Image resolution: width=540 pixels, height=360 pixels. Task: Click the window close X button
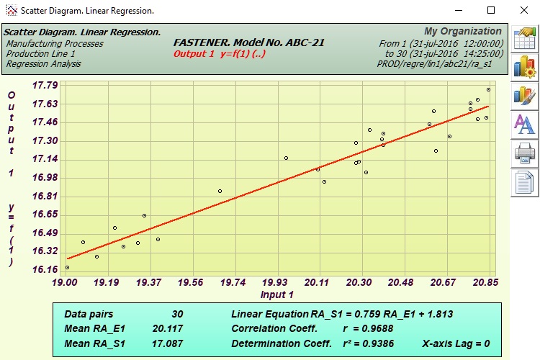click(523, 11)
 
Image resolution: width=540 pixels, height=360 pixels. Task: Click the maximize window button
click(491, 11)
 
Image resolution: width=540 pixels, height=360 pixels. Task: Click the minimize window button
click(459, 11)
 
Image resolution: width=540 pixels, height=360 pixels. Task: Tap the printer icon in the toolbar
click(523, 153)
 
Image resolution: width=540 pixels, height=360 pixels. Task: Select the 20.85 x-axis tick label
click(487, 283)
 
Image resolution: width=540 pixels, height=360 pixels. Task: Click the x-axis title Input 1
click(277, 294)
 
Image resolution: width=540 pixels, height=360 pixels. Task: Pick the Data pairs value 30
click(177, 314)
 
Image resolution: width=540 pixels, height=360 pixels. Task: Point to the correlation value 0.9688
click(377, 328)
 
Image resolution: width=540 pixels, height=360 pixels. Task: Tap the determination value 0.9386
click(377, 343)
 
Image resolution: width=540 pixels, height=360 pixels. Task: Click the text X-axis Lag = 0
click(456, 343)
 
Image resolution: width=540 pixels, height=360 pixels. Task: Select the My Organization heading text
click(463, 32)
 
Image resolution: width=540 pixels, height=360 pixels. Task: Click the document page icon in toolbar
click(523, 181)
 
